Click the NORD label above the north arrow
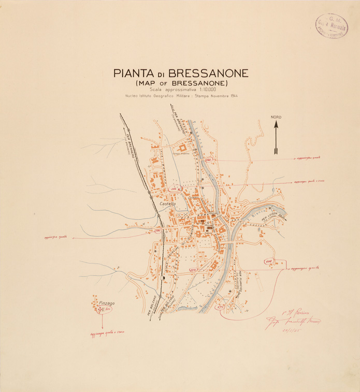276,118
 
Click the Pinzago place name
106,302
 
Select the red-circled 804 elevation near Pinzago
107,309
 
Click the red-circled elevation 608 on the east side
269,262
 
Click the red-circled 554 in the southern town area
193,270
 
